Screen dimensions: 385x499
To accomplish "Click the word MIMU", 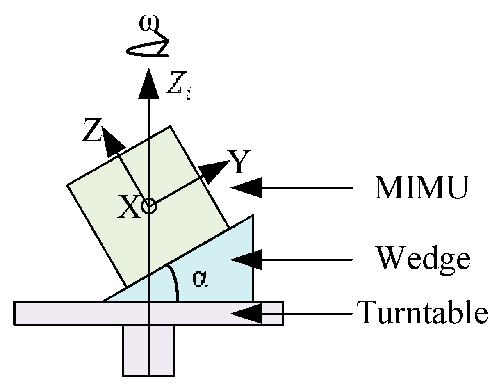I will point(421,188).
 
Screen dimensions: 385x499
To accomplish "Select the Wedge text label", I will point(423,259).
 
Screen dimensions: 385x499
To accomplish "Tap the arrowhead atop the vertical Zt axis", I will point(148,84).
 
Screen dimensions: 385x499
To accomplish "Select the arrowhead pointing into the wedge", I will point(246,259).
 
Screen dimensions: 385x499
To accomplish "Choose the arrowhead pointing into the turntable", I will point(246,313).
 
